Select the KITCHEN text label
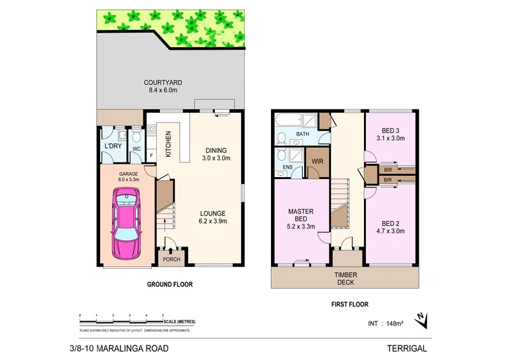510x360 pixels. [169, 144]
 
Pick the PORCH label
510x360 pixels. [171, 259]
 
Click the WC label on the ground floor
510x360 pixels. [136, 150]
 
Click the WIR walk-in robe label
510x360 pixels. [317, 161]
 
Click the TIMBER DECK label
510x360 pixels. [346, 278]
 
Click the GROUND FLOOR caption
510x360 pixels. [170, 285]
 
